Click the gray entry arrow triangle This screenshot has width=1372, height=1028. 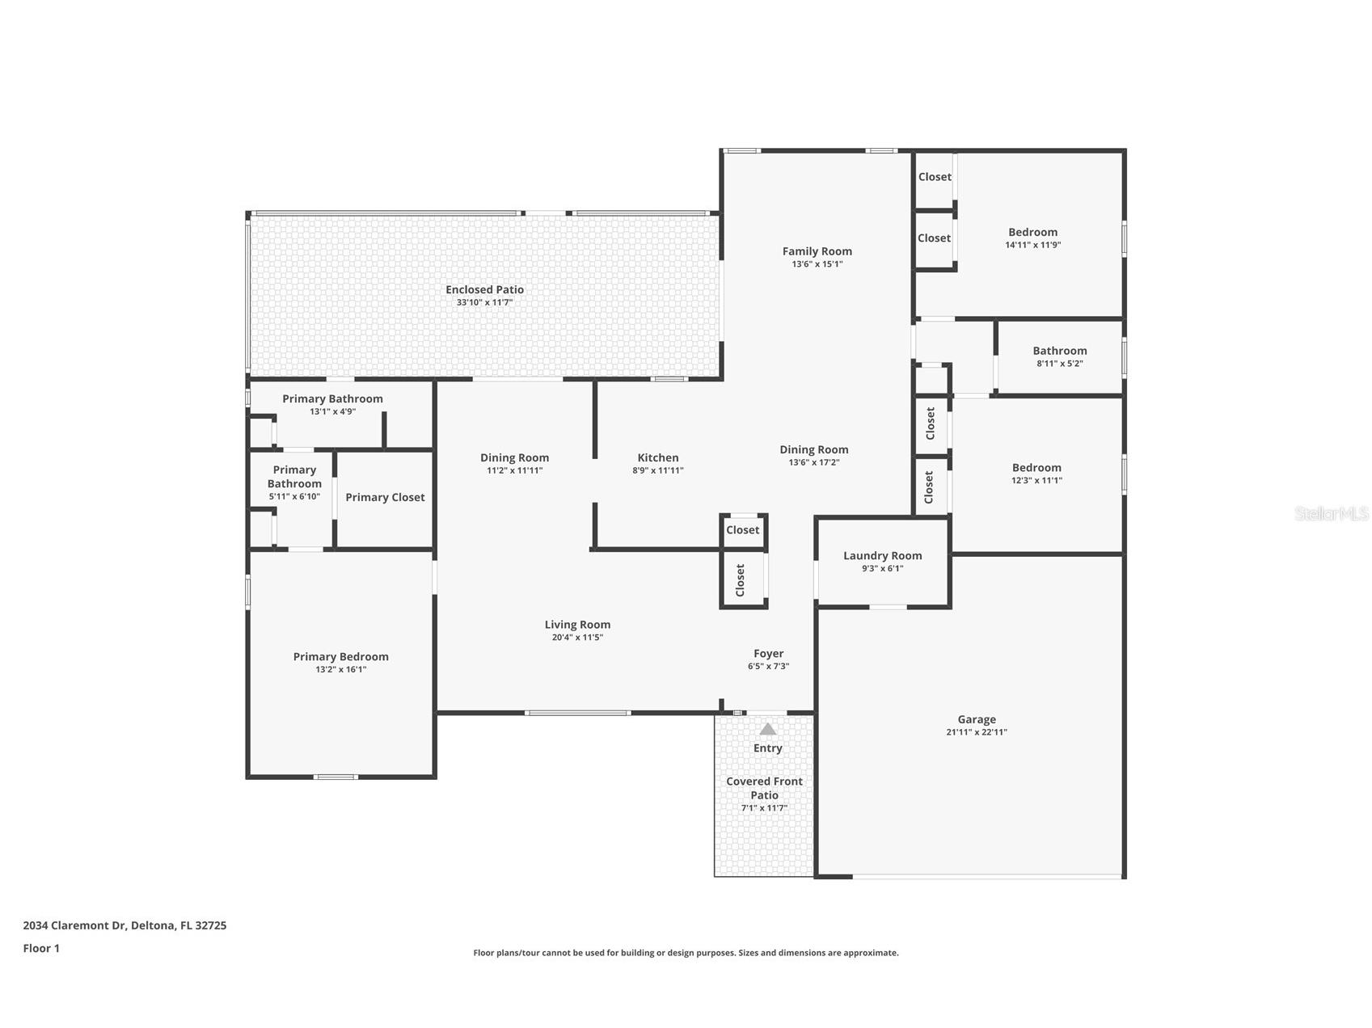tap(767, 729)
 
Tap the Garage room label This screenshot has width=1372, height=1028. tap(977, 719)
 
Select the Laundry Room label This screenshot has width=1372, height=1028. tap(882, 556)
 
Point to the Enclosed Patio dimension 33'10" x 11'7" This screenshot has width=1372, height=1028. tap(484, 302)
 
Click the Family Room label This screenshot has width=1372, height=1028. tap(817, 251)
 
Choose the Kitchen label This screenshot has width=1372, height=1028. tap(657, 457)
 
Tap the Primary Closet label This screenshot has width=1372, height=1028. tap(385, 497)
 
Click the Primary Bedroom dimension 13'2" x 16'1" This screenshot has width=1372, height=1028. tap(340, 669)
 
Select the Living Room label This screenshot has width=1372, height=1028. tap(577, 625)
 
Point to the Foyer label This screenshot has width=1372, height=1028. tap(768, 654)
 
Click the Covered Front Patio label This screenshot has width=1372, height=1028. tap(764, 788)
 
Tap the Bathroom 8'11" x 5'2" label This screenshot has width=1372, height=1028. tap(1059, 351)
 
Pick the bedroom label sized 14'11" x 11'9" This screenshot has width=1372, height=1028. tap(1032, 232)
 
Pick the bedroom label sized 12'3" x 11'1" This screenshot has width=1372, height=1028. tap(1036, 468)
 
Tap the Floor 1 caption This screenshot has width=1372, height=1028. tap(41, 948)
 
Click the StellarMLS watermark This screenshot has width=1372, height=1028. tap(1331, 513)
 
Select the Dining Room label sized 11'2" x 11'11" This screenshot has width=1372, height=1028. tap(514, 457)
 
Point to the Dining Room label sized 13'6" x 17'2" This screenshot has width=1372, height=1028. tap(813, 450)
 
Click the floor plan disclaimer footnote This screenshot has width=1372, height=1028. tap(686, 953)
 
